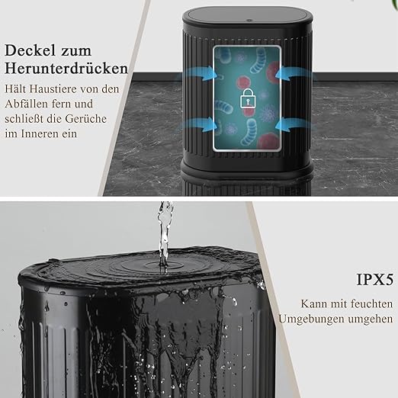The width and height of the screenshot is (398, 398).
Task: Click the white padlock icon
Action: pyautogui.click(x=246, y=100)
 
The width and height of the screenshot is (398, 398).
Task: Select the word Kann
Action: pyautogui.click(x=315, y=303)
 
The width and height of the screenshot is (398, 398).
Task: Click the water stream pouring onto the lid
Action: pyautogui.click(x=162, y=233)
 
